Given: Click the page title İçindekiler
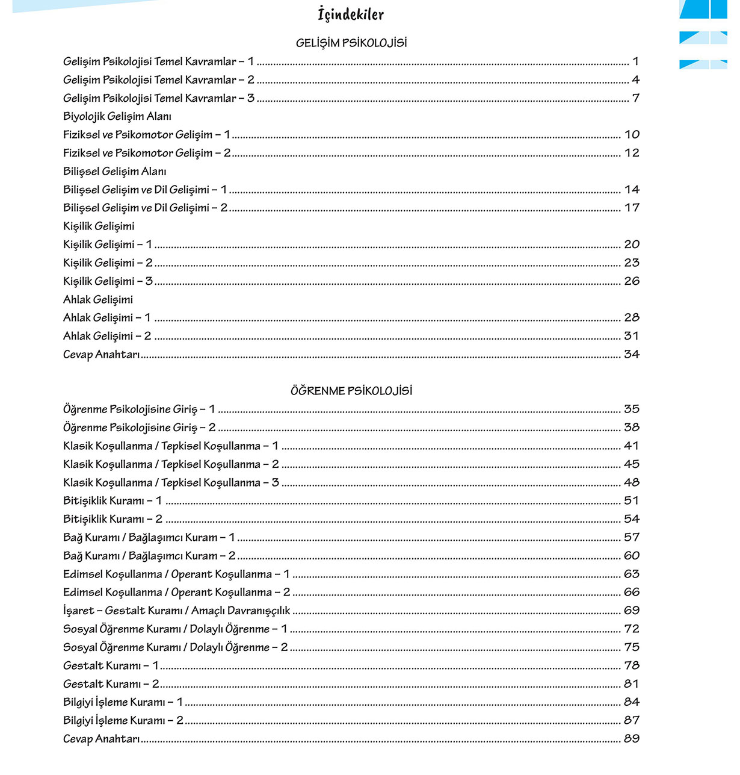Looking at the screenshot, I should pos(351,14).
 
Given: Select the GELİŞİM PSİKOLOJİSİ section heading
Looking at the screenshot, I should pos(351,43).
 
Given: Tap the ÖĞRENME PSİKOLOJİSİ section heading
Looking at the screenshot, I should pos(351,391).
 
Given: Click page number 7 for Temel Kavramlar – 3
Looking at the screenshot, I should pos(635,98).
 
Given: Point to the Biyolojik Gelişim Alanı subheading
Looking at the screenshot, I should pos(117,116).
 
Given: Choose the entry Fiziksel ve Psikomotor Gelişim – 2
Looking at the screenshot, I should pos(147,153).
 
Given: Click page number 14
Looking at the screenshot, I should pos(632,190).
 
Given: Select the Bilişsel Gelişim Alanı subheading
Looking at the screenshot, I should pos(115,172).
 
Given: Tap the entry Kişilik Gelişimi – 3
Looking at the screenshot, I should pos(108,281).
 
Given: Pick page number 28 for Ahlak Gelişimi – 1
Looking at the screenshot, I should pos(632,317).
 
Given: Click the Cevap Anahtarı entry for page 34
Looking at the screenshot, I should pos(101,355).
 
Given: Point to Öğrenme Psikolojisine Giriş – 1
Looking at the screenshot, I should pos(139,409).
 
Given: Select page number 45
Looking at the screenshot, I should pos(632,464).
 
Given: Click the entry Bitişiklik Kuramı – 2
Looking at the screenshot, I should pos(113,519).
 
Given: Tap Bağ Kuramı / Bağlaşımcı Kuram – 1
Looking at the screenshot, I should pos(149,538).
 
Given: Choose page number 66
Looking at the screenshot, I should pos(632,593).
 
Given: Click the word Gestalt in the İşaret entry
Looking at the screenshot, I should pos(126,611).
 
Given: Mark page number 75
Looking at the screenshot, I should pos(632,647).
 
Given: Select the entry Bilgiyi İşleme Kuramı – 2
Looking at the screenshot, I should pos(123,721).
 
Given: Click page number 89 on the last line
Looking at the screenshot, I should pos(632,739).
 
